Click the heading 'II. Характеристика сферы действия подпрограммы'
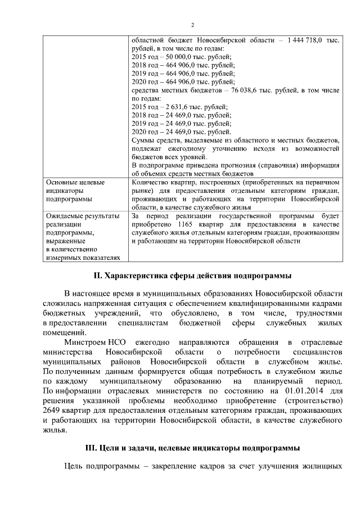click(x=192, y=276)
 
